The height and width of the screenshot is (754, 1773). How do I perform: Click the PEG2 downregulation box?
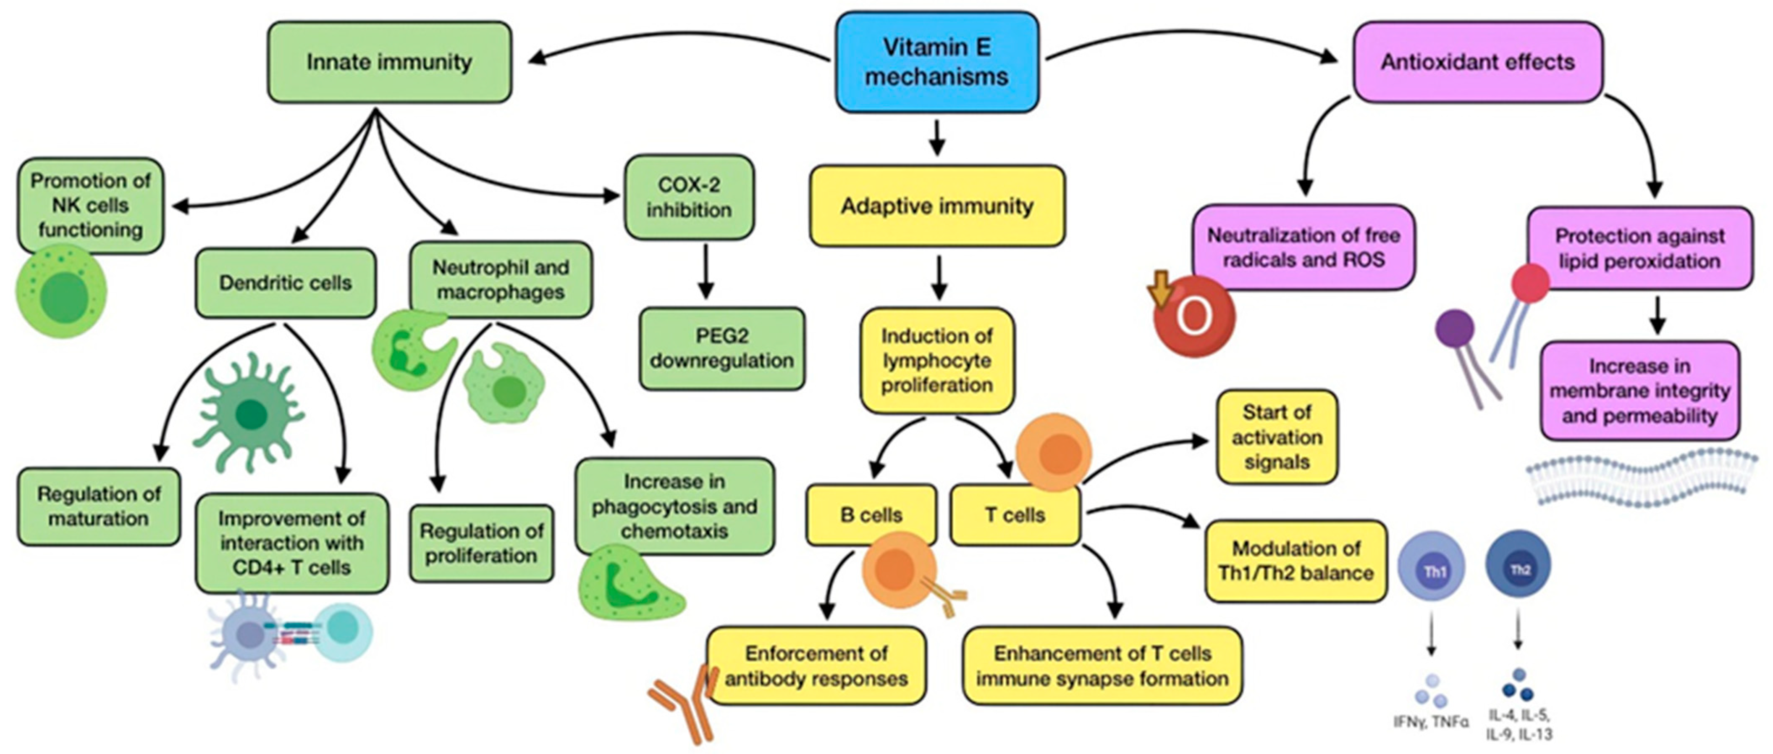pos(721,348)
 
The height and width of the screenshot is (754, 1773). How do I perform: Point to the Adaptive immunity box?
pos(937,206)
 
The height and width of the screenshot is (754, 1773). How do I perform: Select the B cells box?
pos(871,515)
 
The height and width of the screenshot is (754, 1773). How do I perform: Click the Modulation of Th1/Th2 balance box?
pos(1296,561)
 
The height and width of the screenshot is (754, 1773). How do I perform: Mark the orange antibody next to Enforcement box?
pos(682,706)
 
